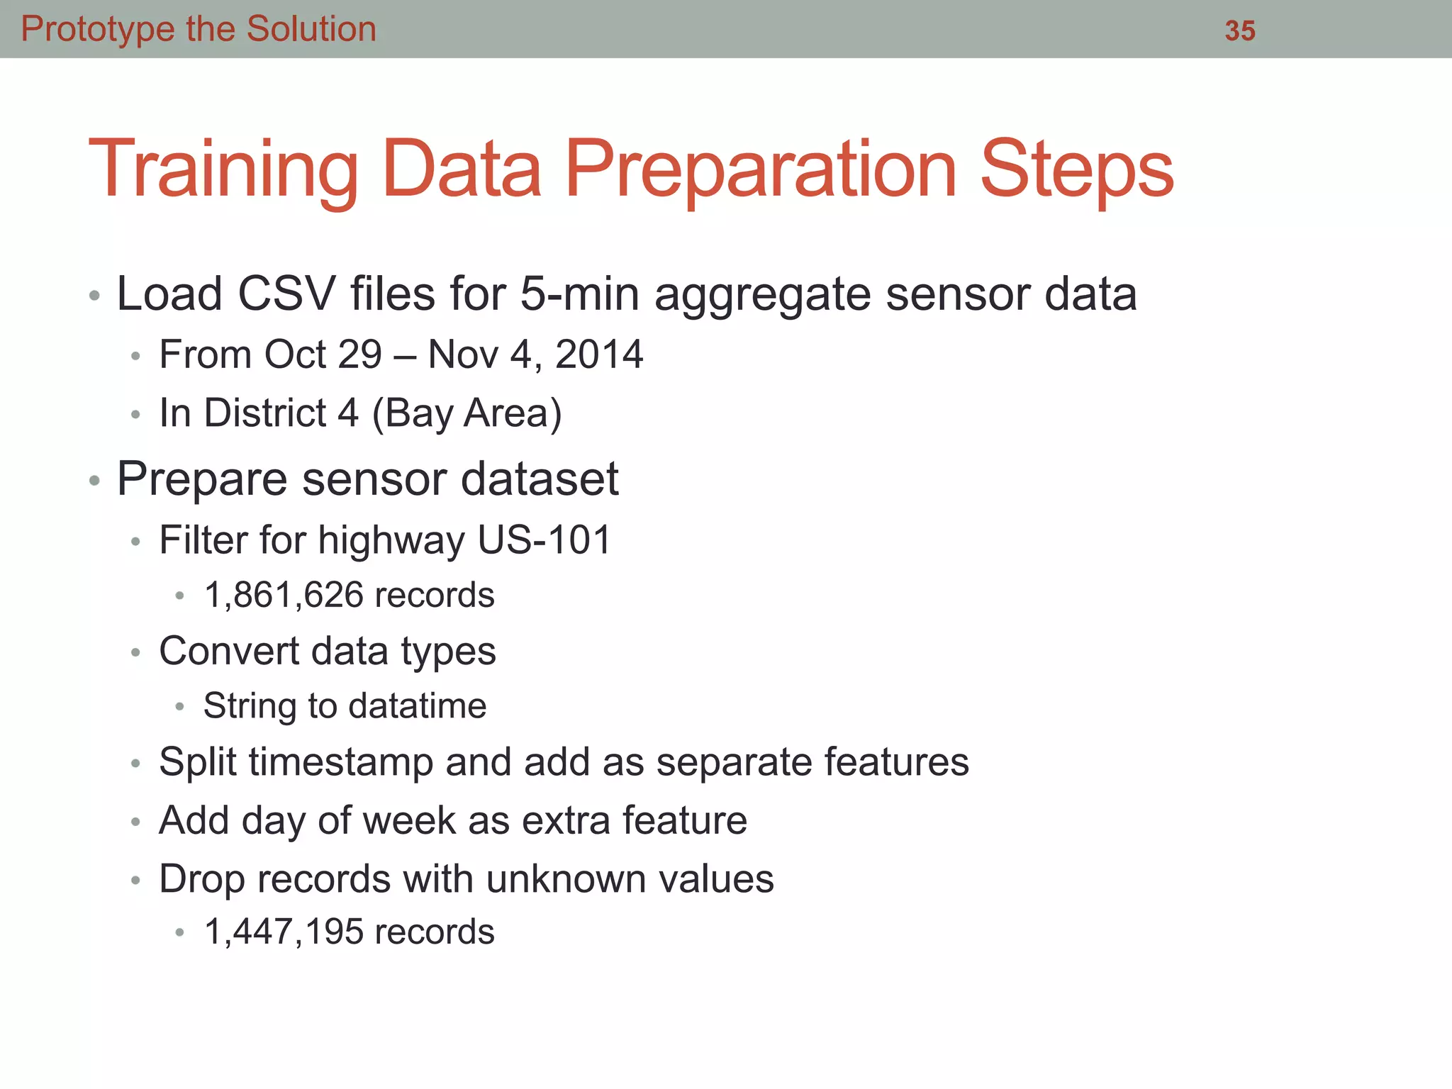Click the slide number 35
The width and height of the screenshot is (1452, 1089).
click(1240, 31)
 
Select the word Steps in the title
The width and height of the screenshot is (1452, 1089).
click(1076, 170)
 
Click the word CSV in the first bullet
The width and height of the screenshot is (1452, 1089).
click(286, 294)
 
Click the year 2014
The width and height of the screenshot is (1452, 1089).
click(599, 354)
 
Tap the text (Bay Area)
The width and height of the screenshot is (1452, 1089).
click(467, 413)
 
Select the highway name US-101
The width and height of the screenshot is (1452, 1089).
click(544, 540)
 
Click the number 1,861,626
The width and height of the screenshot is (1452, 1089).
click(284, 595)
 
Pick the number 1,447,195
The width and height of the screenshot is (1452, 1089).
click(284, 932)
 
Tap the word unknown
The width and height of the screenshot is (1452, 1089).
click(566, 880)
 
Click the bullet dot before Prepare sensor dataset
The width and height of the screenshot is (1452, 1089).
click(94, 481)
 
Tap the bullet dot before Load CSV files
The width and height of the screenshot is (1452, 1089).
click(94, 296)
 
